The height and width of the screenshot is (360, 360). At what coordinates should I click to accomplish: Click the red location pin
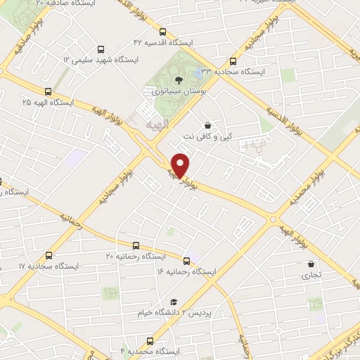click(181, 165)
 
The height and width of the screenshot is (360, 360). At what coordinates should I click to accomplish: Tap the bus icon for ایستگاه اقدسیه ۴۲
click(163, 32)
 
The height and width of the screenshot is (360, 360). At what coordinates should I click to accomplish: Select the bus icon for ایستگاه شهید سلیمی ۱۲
click(101, 49)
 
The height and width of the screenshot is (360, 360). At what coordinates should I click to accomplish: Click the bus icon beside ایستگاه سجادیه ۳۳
click(233, 61)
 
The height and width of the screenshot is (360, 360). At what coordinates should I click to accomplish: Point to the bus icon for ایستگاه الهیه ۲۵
click(48, 91)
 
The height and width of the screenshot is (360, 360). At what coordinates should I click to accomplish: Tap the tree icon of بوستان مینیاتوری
click(177, 79)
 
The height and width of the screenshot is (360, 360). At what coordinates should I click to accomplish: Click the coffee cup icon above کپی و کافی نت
click(207, 124)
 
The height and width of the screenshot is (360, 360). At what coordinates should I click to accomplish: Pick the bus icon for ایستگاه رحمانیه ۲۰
click(136, 246)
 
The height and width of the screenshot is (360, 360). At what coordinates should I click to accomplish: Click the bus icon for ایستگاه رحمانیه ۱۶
click(186, 260)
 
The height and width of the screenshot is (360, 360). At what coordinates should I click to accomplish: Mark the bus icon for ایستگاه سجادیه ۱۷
click(48, 255)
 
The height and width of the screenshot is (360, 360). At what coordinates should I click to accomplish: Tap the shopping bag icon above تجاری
click(310, 264)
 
